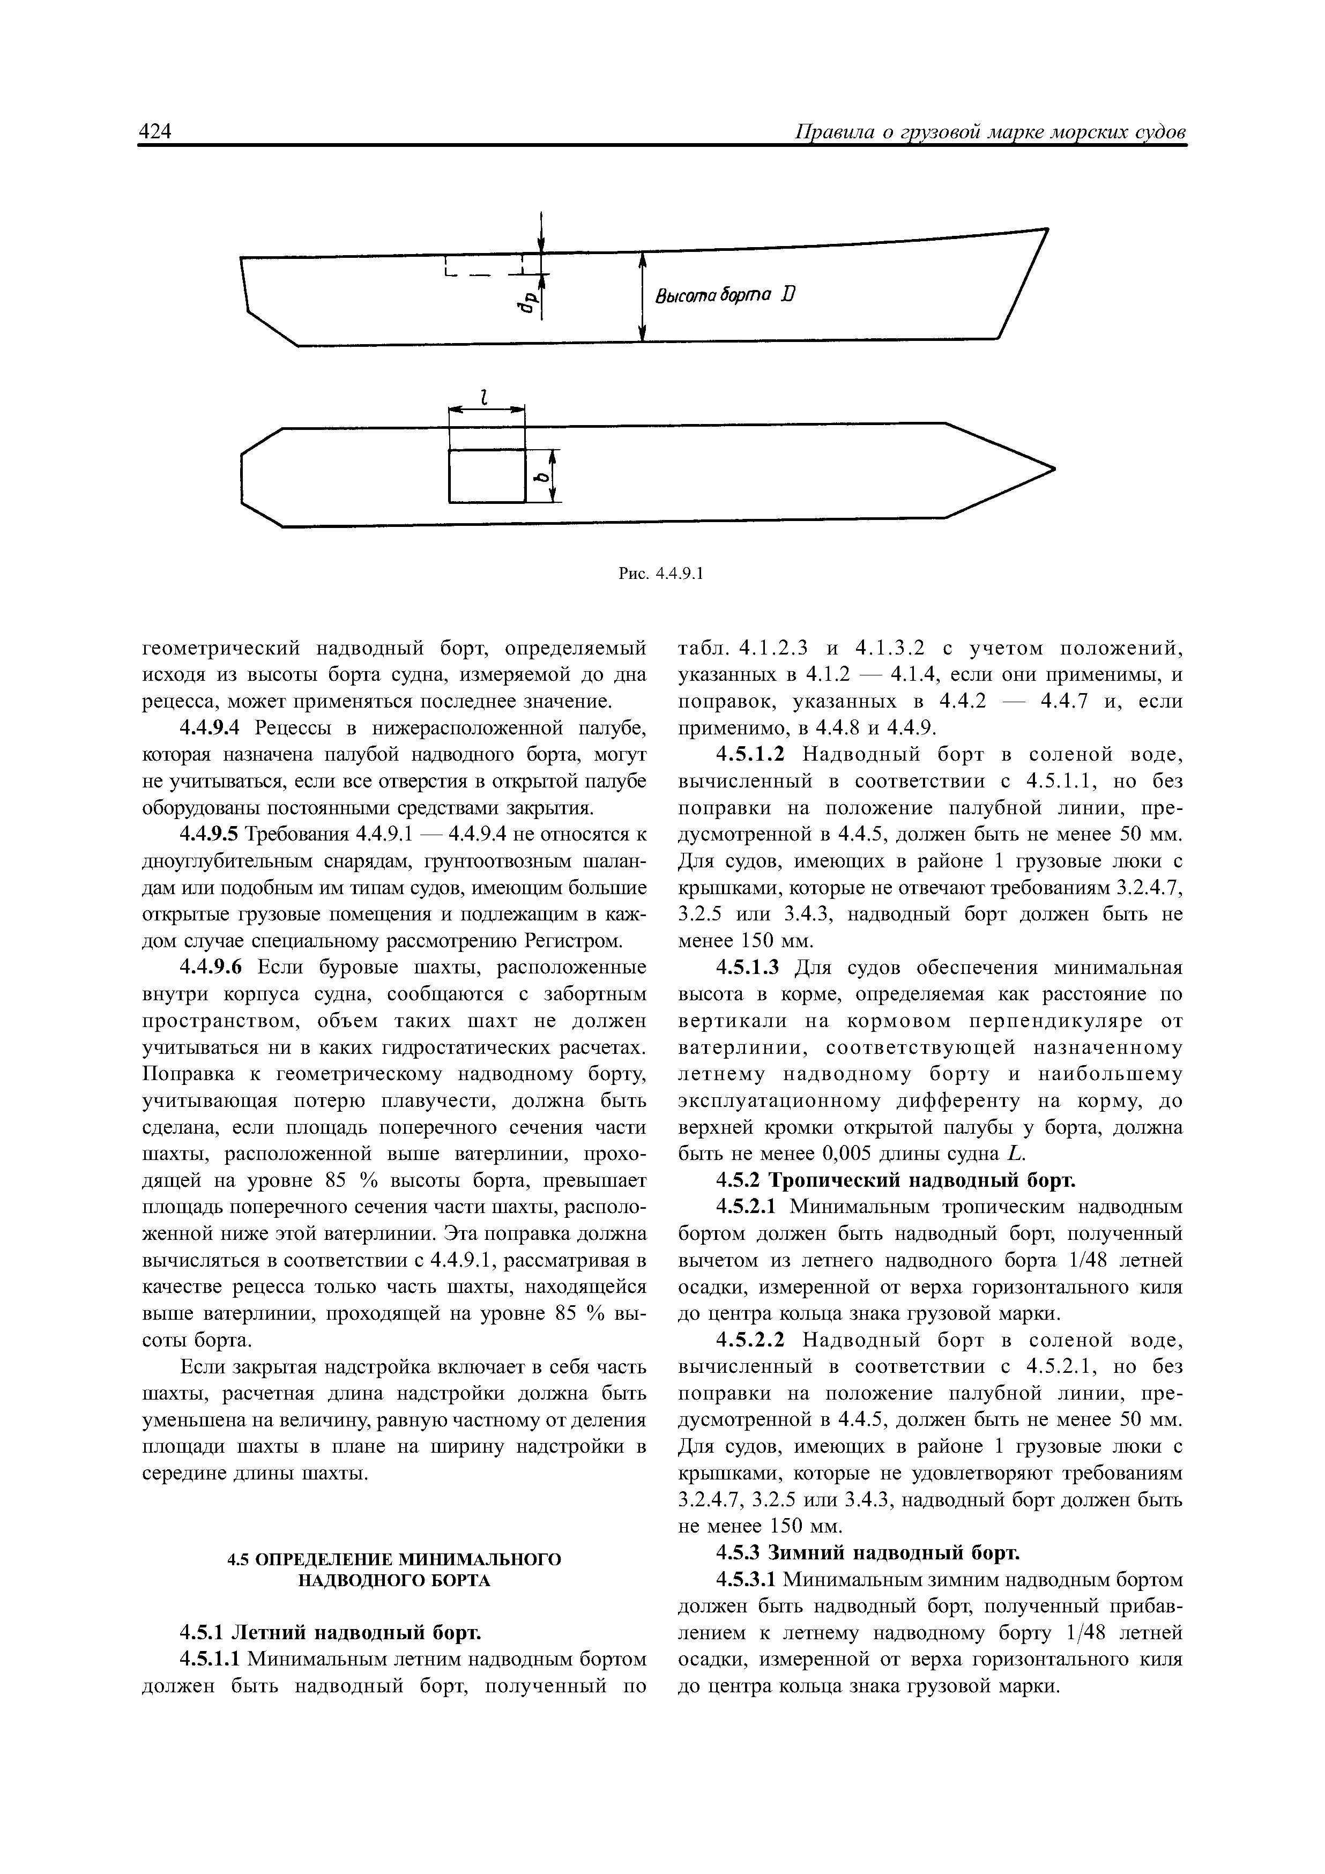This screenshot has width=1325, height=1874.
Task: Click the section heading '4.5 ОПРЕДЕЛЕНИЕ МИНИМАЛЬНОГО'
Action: [393, 1559]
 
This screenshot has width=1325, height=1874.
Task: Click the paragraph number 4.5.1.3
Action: [749, 968]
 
